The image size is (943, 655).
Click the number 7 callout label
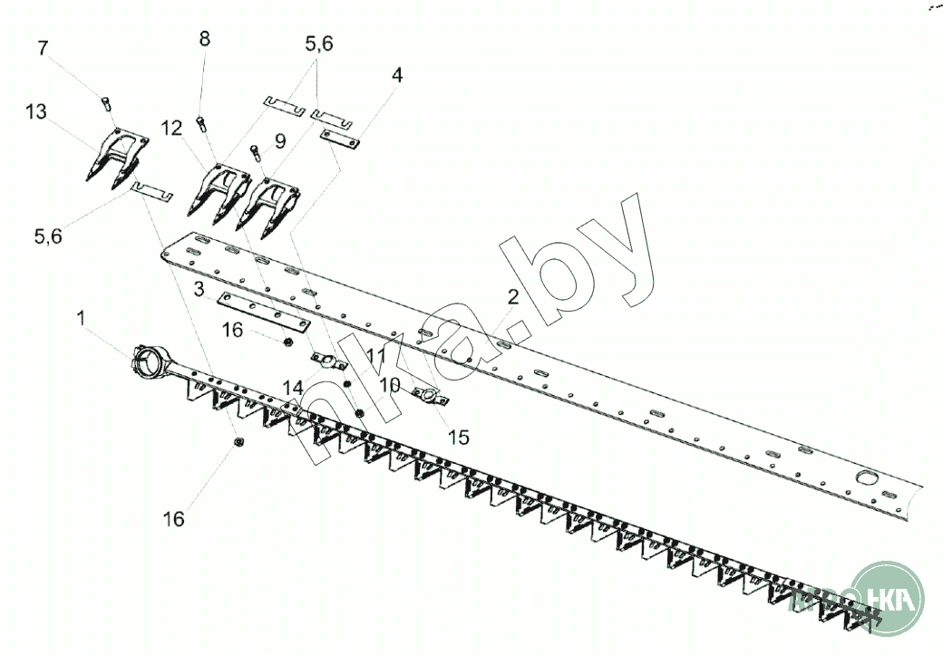(43, 48)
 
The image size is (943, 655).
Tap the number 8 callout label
(204, 39)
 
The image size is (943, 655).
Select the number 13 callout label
(35, 111)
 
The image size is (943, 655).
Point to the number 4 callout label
(396, 74)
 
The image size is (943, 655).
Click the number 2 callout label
(512, 296)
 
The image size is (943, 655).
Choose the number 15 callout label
(459, 437)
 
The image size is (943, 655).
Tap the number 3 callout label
(197, 290)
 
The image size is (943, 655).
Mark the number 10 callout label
(390, 384)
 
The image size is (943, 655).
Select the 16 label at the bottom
(173, 519)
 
